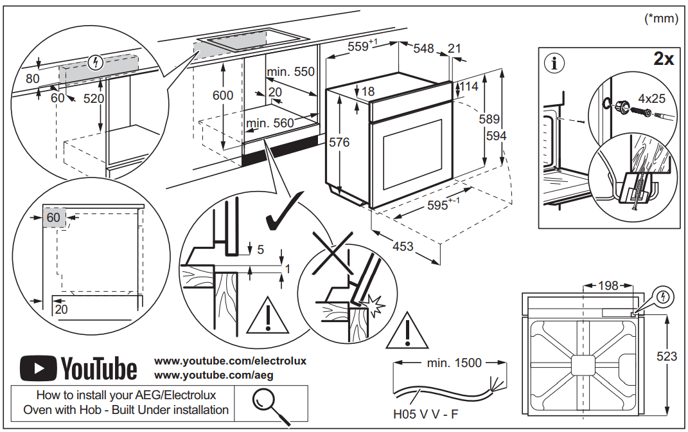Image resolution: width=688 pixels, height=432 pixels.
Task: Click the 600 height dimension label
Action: tap(223, 95)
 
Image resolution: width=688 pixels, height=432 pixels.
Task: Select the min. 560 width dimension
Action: tap(270, 123)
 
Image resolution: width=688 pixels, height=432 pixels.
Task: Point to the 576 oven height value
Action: tap(339, 142)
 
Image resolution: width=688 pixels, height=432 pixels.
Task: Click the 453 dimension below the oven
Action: tap(403, 246)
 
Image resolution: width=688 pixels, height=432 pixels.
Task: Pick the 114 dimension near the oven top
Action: tap(468, 86)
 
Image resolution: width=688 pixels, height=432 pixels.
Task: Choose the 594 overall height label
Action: tap(496, 136)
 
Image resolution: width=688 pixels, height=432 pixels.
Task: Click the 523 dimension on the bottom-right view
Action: tap(667, 356)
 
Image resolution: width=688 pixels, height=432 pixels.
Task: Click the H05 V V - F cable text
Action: tap(425, 414)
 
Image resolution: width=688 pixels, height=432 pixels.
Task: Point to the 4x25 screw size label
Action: tap(651, 99)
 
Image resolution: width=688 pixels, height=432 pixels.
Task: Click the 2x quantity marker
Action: tap(663, 60)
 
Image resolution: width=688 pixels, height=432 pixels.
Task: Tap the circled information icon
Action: tap(554, 63)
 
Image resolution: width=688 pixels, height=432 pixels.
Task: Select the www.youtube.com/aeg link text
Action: tap(202, 374)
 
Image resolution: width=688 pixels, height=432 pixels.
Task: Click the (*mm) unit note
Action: tap(661, 19)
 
